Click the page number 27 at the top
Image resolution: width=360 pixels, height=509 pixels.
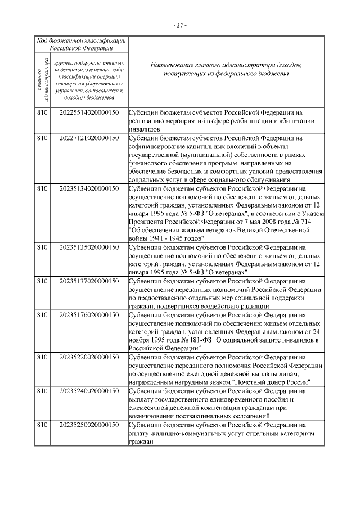coord(180,25)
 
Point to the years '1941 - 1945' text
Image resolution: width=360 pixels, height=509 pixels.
coord(166,238)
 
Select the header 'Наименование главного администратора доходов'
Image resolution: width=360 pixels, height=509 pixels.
coord(226,65)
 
